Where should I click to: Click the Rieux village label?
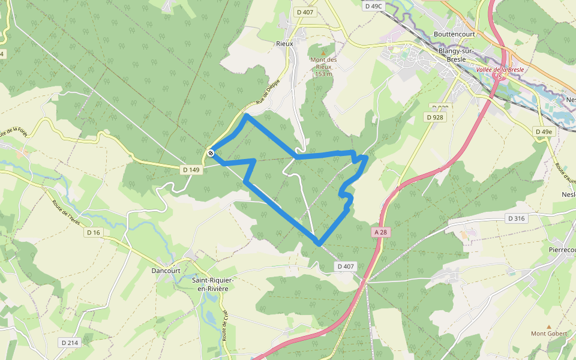point(284,44)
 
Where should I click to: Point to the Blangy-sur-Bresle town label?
point(457,55)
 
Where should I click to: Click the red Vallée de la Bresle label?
point(500,70)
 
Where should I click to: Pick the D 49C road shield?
point(373,6)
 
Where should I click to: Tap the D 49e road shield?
point(544,131)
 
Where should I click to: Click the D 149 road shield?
point(191,170)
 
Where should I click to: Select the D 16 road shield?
point(93,232)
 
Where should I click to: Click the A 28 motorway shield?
point(379,232)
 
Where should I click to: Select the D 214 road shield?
point(70,343)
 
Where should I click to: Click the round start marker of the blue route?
point(211,154)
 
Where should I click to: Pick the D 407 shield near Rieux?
point(305,11)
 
